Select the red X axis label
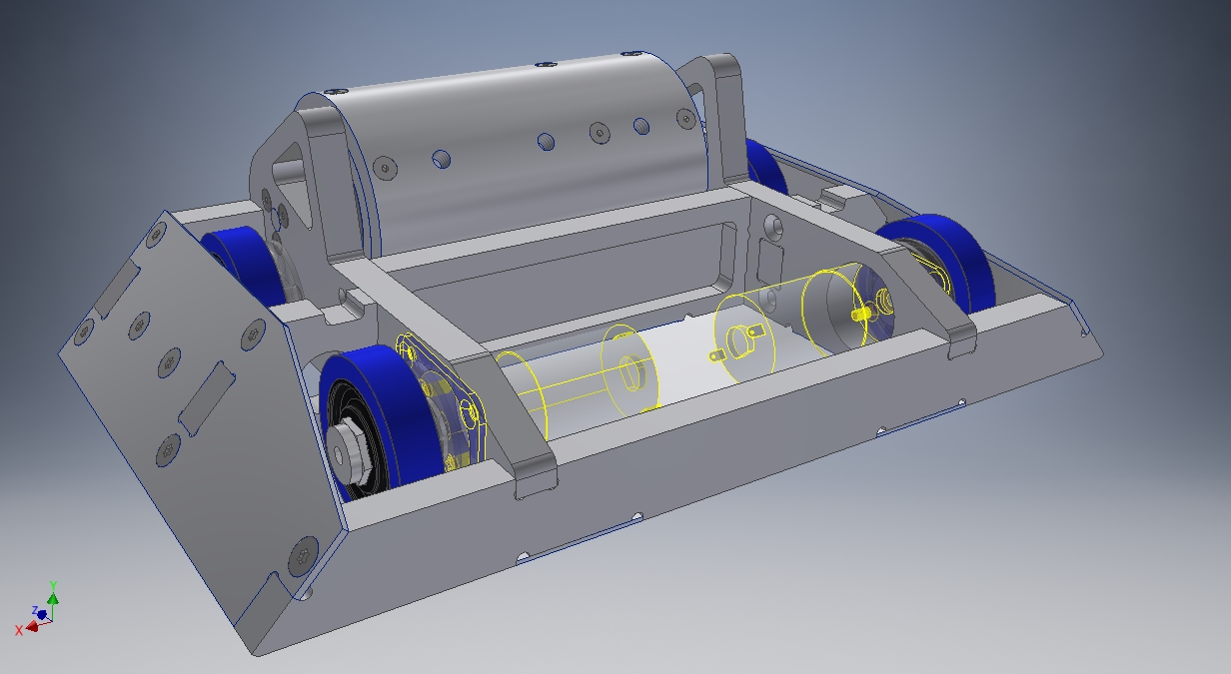click(x=19, y=630)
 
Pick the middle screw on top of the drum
click(x=545, y=66)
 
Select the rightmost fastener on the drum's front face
click(x=686, y=119)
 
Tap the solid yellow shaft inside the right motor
click(x=858, y=314)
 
